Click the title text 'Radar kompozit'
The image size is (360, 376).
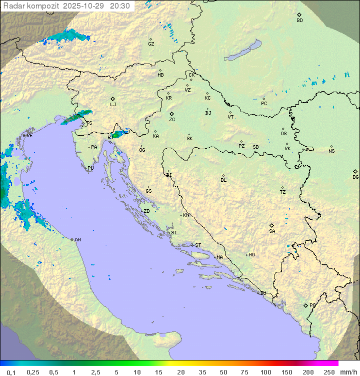click(31, 6)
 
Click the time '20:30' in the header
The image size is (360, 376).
click(119, 6)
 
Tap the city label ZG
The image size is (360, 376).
click(172, 120)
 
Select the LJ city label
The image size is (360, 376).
click(113, 104)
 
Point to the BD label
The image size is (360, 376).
click(299, 21)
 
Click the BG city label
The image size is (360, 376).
click(355, 177)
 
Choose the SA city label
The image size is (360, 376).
click(272, 231)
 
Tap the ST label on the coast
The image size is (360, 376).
click(198, 245)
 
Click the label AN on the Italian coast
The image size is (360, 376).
click(77, 240)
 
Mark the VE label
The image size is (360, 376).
click(29, 136)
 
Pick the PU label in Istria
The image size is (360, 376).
click(90, 168)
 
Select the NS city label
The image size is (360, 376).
click(331, 151)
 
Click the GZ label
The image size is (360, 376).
click(151, 44)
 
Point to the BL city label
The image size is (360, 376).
click(223, 180)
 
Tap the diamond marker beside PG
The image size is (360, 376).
click(305, 305)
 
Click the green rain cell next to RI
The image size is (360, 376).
click(119, 134)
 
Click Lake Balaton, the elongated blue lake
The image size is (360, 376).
click(243, 51)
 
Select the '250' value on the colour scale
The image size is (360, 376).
click(329, 371)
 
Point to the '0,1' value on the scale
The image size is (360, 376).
click(11, 371)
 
